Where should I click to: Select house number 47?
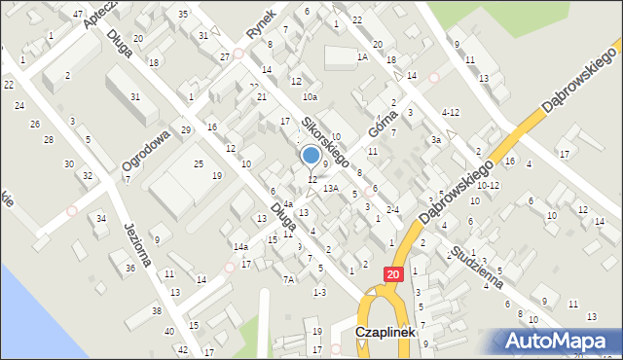(x=77, y=15)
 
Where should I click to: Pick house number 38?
(x=157, y=311)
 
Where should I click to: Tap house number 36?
(x=130, y=268)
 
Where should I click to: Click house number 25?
(x=199, y=163)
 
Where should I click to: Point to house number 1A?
(x=362, y=57)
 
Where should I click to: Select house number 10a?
(x=310, y=97)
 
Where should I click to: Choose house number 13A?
(x=331, y=188)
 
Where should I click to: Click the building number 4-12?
(x=450, y=112)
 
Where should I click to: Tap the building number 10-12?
(x=488, y=185)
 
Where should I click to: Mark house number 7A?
(x=289, y=279)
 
